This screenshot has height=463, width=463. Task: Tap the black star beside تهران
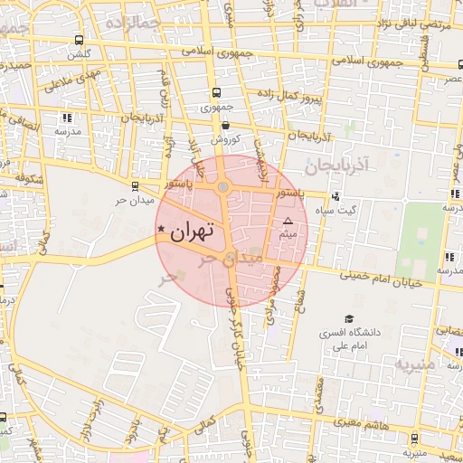161,229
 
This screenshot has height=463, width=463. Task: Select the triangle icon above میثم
288,221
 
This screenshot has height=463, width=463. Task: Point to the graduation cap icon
349,318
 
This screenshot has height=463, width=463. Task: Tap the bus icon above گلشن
80,40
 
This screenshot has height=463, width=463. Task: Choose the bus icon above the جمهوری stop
216,92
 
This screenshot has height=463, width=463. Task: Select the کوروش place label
224,140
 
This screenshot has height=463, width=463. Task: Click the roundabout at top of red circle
222,187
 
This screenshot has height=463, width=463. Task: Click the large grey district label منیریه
413,364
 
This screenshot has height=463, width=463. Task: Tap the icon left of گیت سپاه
335,196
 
